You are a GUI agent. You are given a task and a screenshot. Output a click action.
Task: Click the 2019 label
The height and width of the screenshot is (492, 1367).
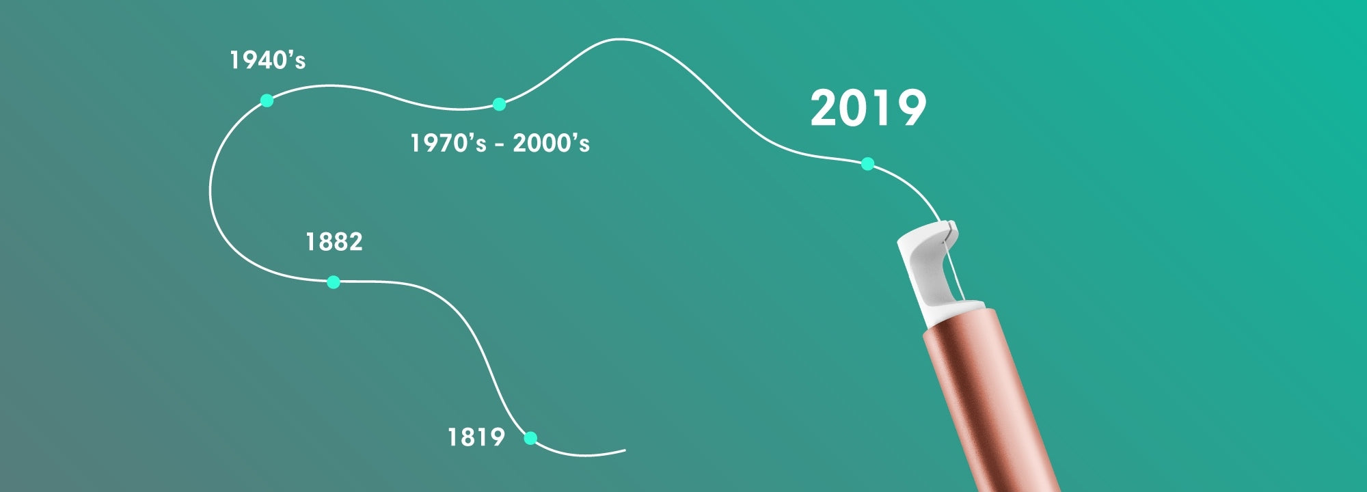click(868, 108)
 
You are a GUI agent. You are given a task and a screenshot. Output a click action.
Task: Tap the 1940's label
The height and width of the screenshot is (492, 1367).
click(267, 60)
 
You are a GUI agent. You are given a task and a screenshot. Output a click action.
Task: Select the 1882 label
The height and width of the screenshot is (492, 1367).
click(334, 242)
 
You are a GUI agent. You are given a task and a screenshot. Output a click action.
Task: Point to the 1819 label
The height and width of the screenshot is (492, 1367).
click(476, 437)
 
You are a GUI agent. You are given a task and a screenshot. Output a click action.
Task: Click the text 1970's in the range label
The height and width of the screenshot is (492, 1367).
click(448, 143)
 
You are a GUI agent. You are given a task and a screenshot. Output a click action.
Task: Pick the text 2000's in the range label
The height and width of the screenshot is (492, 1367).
click(552, 143)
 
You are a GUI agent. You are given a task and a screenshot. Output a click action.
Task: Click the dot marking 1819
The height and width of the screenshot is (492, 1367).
click(530, 439)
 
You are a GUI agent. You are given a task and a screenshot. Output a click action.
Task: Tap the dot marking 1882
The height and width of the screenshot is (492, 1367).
click(334, 282)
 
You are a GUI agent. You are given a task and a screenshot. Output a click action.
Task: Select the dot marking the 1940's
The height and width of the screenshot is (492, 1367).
click(267, 100)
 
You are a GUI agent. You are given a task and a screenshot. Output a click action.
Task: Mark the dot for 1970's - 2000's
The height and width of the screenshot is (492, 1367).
click(499, 104)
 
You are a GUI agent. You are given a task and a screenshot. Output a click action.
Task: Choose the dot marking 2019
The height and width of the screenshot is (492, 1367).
click(867, 164)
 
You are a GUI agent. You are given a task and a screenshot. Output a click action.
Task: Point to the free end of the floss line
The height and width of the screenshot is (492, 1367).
click(625, 450)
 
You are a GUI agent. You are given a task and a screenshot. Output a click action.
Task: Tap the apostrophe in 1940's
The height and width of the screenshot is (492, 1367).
click(290, 54)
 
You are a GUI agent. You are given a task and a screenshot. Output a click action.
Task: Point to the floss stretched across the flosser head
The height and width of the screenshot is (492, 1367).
click(954, 261)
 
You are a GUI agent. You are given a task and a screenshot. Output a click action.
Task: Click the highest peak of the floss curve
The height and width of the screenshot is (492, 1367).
click(619, 39)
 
